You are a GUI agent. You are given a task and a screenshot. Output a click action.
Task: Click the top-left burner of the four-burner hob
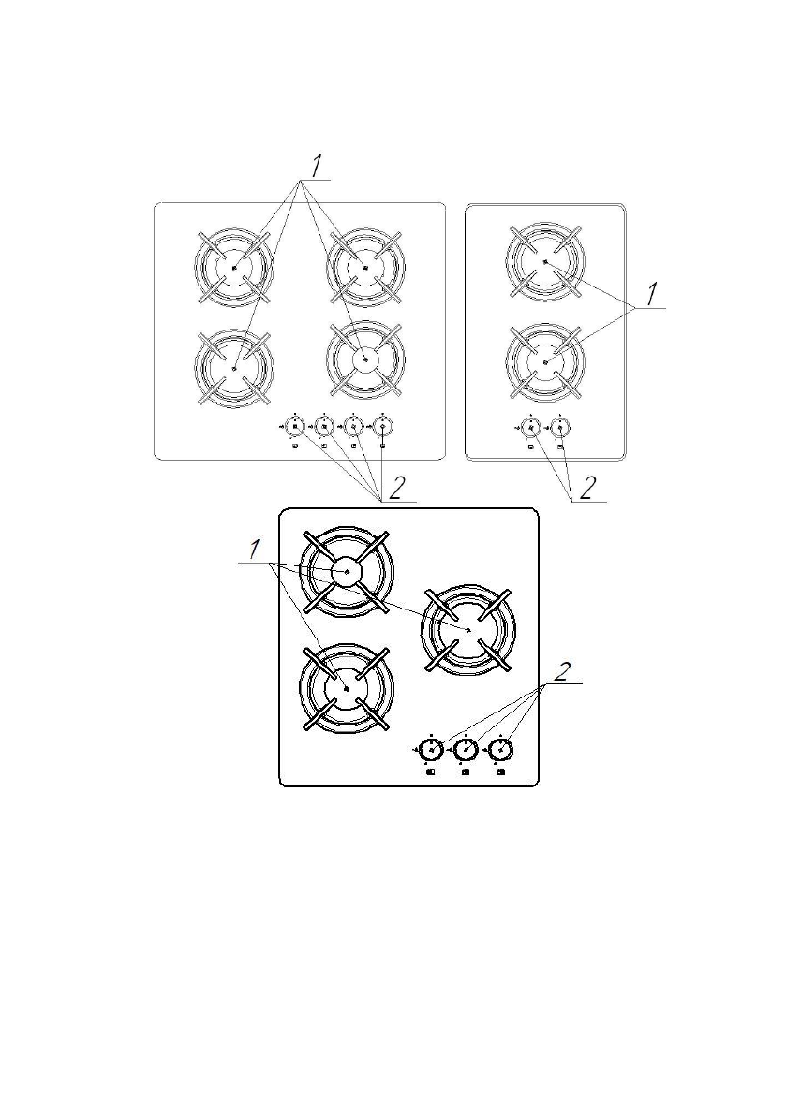coord(233,267)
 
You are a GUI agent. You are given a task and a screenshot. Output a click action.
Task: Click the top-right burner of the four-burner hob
coord(365,267)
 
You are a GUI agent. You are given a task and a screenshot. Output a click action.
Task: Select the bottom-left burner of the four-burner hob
coord(233,367)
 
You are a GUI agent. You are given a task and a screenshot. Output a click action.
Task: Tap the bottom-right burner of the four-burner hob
coord(365,358)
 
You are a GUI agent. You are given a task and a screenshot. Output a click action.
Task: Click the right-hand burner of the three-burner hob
coord(467,630)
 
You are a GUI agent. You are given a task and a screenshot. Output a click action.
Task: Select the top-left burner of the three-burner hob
coord(347,571)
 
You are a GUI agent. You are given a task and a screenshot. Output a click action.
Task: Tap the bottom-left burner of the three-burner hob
coord(347,688)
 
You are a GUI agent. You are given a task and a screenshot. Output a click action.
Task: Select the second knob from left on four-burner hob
coord(324,427)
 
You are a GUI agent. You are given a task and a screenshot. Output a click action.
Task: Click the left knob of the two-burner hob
coord(530,427)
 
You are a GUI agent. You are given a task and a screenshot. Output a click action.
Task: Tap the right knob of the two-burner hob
coord(559,427)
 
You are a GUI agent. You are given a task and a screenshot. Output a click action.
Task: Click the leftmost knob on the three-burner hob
coord(430,750)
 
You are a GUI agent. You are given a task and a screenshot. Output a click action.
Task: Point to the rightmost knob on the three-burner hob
coord(502,750)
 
